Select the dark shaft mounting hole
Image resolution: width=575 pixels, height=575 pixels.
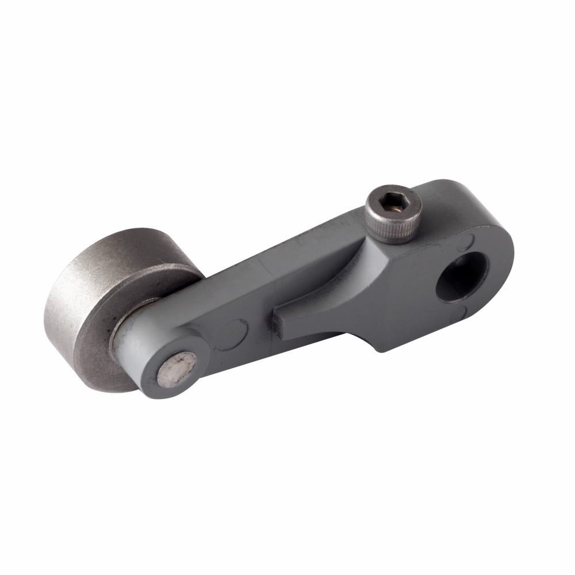[x=461, y=277]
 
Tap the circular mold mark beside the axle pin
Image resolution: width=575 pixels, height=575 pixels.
[x=232, y=333]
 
